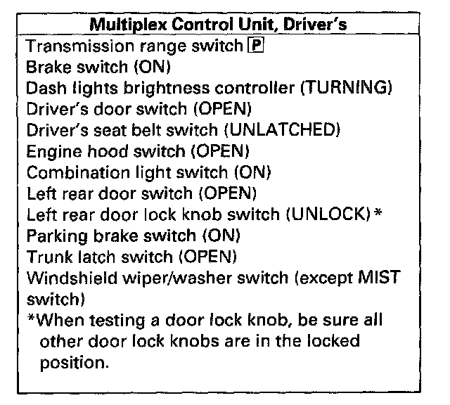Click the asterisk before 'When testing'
(31, 319)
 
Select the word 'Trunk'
(44, 256)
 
